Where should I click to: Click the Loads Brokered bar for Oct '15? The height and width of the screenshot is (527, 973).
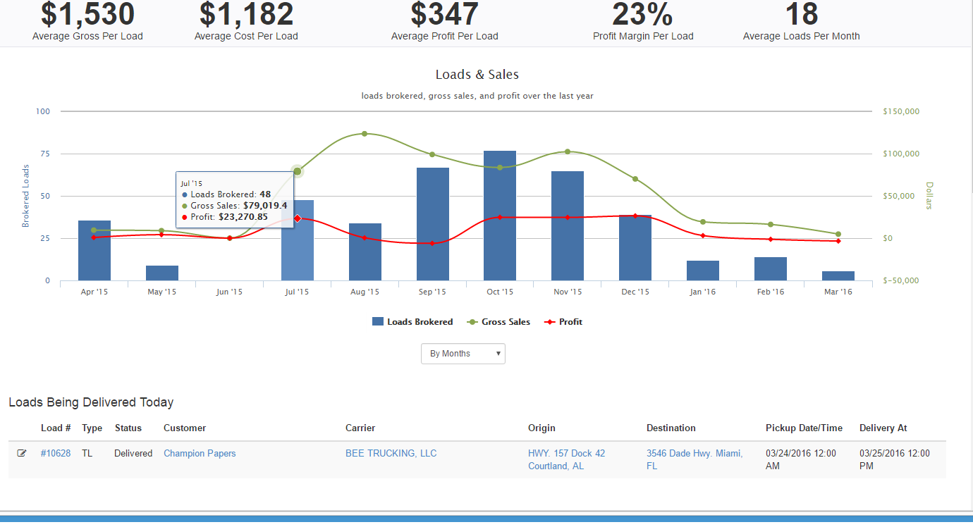pos(500,218)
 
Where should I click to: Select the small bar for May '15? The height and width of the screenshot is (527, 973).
pos(162,273)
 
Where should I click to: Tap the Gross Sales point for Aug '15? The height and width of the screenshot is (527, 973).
pos(365,133)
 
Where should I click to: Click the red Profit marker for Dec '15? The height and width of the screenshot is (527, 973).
pos(635,216)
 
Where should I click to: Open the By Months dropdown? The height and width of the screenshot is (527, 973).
pos(463,354)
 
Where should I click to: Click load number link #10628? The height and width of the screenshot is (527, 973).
pos(56,453)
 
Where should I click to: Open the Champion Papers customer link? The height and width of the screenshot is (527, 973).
pos(200,453)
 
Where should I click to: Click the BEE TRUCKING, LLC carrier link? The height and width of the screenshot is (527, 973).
pos(391,453)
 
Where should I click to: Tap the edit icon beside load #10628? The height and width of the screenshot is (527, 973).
pos(22,453)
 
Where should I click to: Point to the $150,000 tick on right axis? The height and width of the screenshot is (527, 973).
pos(900,111)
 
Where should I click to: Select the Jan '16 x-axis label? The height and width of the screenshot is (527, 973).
pos(702,292)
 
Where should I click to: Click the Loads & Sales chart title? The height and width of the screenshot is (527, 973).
pos(477,75)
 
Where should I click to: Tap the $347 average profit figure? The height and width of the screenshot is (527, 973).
pos(444,15)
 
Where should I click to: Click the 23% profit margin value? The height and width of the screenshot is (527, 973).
pos(642,15)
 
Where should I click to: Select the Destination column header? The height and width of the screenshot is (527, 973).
pos(671,428)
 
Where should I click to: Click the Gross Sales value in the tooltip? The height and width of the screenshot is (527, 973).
pos(265,206)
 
